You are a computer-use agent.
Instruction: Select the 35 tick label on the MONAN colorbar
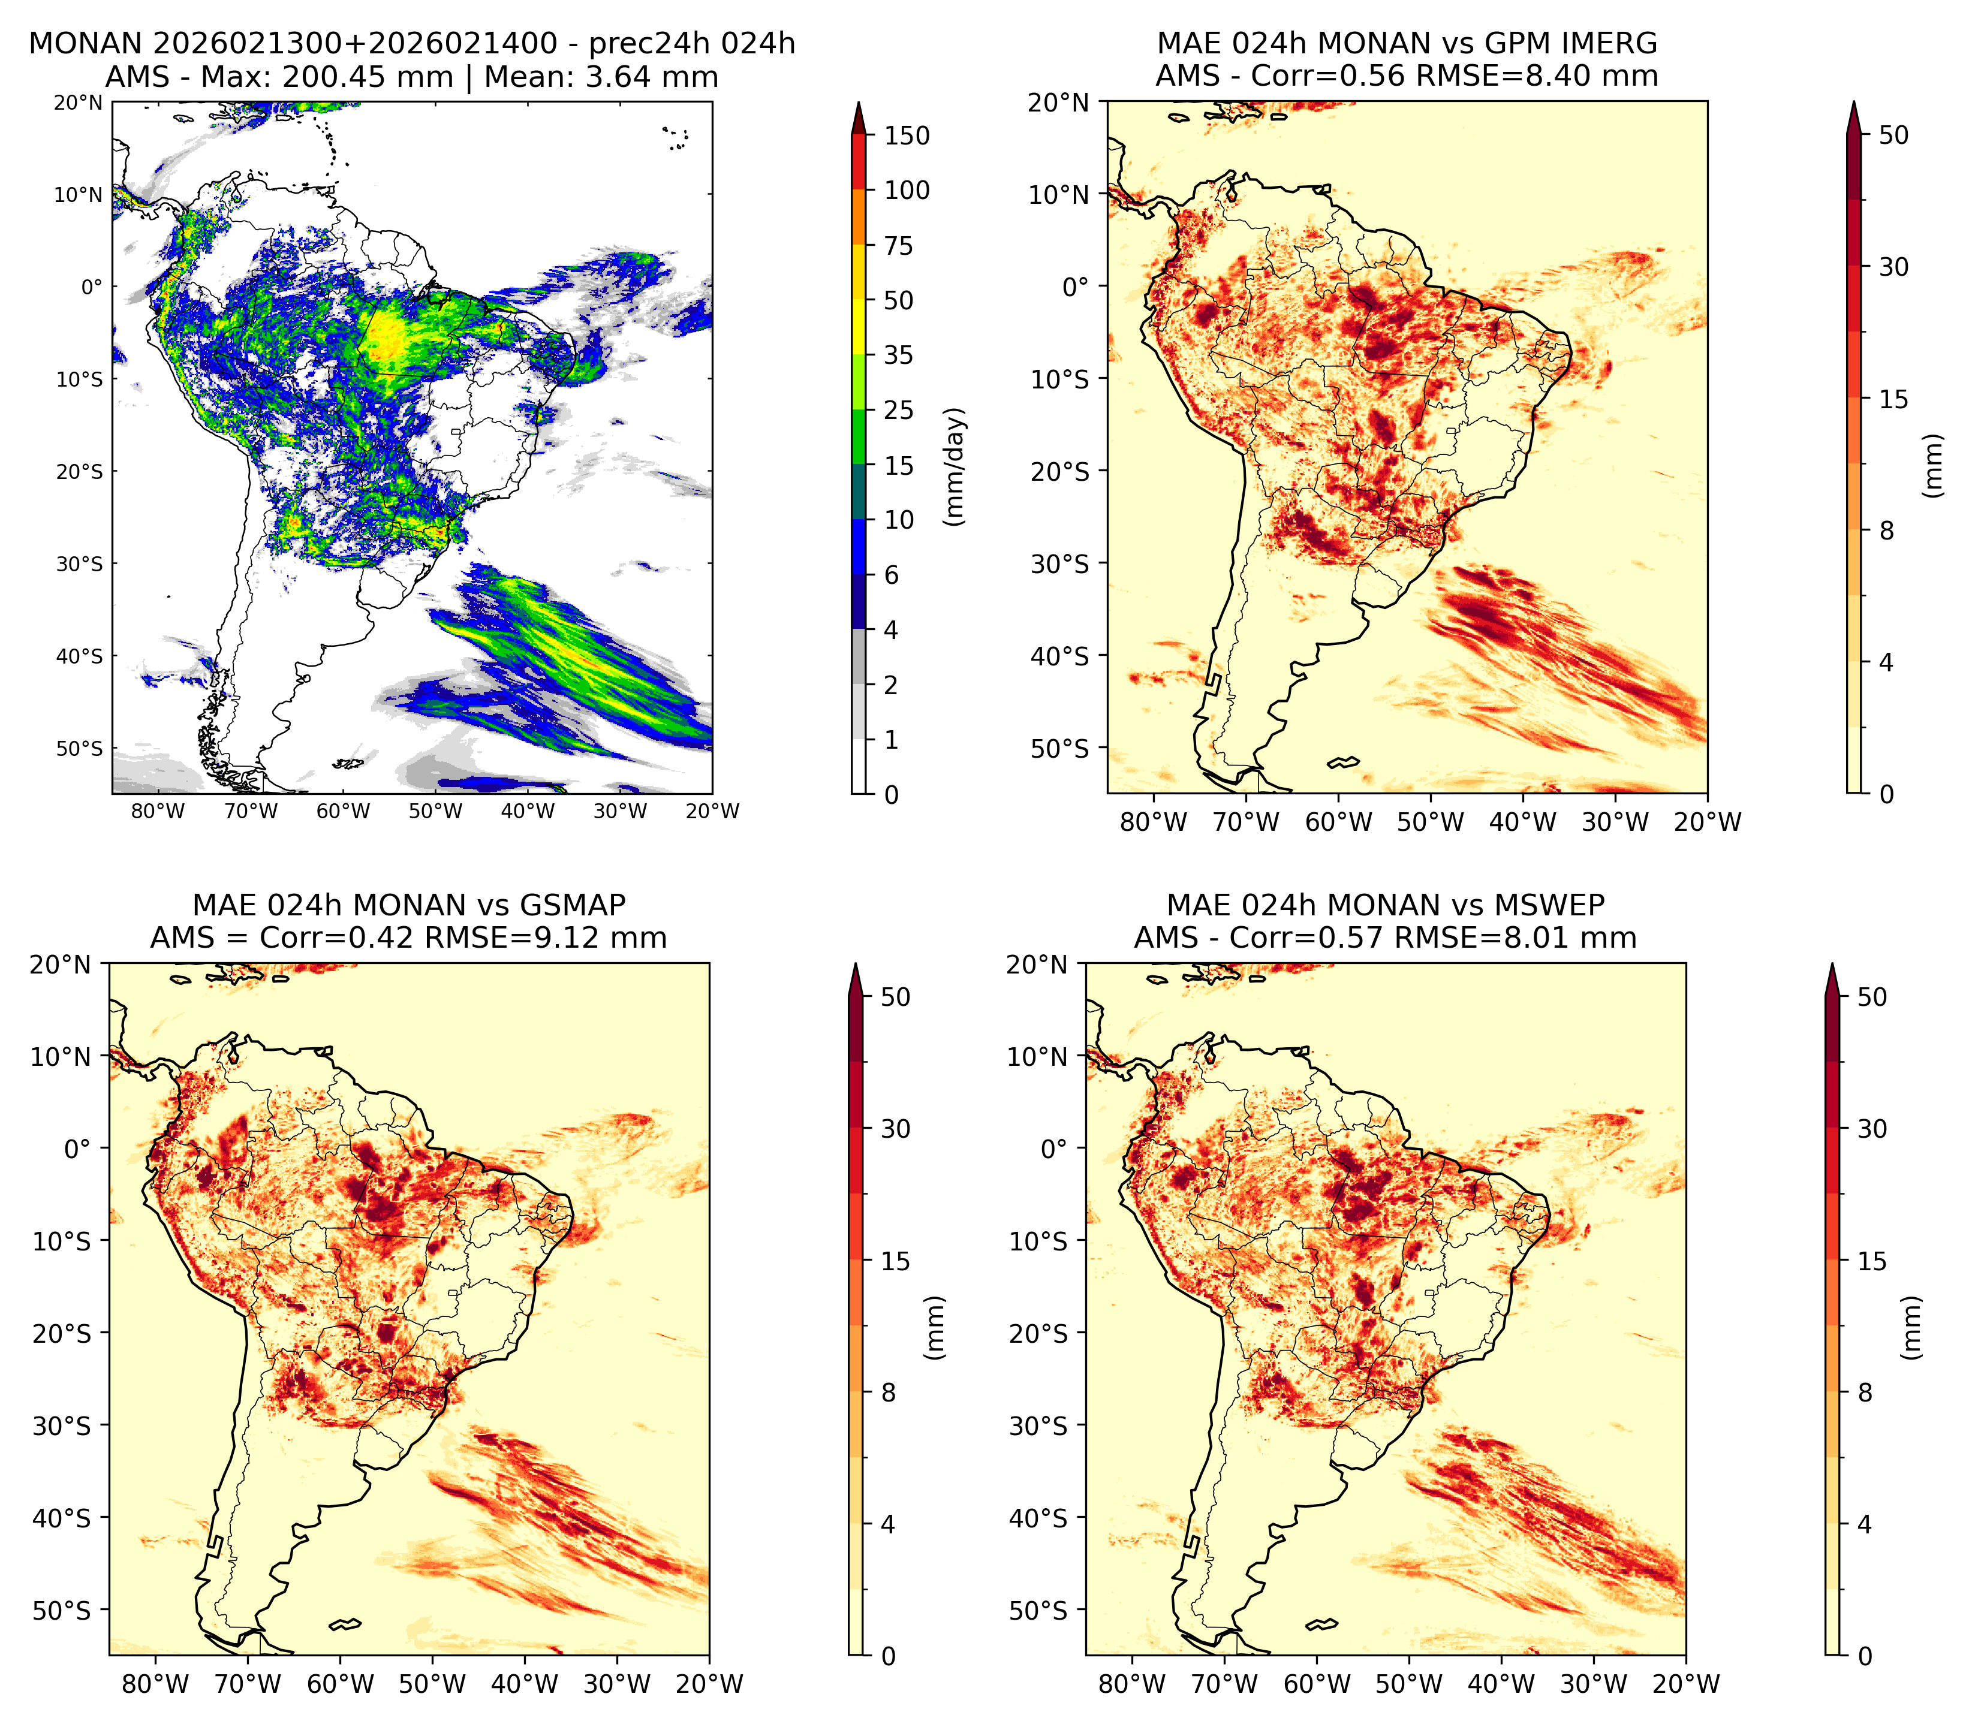899,355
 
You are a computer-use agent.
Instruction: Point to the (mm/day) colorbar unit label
955,466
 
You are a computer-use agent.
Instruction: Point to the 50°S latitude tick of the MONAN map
79,749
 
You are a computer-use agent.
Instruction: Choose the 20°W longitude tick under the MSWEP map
1685,1684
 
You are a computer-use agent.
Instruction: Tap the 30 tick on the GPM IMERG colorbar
1893,267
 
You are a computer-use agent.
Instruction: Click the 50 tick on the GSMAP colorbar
896,997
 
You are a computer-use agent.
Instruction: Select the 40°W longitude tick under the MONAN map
528,811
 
